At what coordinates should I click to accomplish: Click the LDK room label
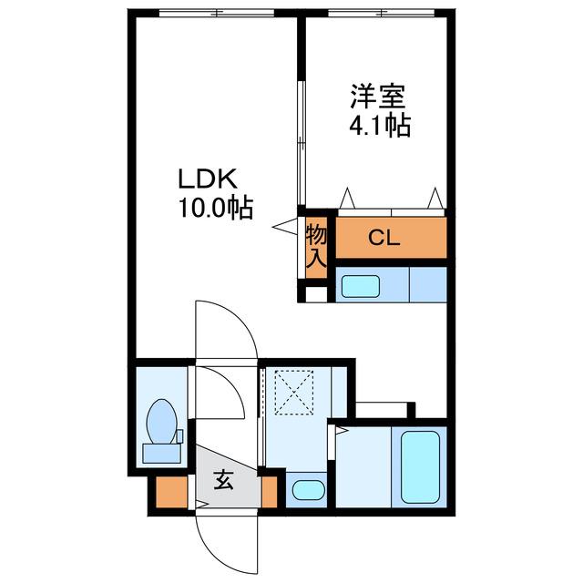tap(208, 179)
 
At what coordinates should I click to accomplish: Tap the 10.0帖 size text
tap(217, 208)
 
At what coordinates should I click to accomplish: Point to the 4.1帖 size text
tap(380, 126)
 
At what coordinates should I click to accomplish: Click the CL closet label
tap(384, 238)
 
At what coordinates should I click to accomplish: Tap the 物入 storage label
tap(316, 247)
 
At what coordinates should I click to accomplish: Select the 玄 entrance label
tap(223, 480)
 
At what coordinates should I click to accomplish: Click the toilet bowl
tap(161, 421)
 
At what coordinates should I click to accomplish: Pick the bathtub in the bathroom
tap(421, 467)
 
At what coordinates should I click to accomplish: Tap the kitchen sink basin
tap(361, 286)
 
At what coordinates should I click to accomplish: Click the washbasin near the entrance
tap(309, 490)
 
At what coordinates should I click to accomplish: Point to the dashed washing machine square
tap(293, 393)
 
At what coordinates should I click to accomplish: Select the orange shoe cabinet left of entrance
tap(171, 492)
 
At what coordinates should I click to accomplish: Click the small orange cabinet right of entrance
tap(270, 492)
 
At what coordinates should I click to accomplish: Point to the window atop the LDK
tap(217, 13)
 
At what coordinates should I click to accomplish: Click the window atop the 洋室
tap(381, 13)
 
